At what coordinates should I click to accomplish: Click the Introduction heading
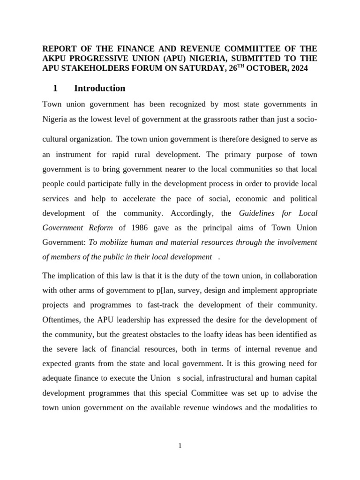pos(99,88)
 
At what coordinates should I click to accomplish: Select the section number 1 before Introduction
pos(55,88)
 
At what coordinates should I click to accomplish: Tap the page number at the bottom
pos(180,446)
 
